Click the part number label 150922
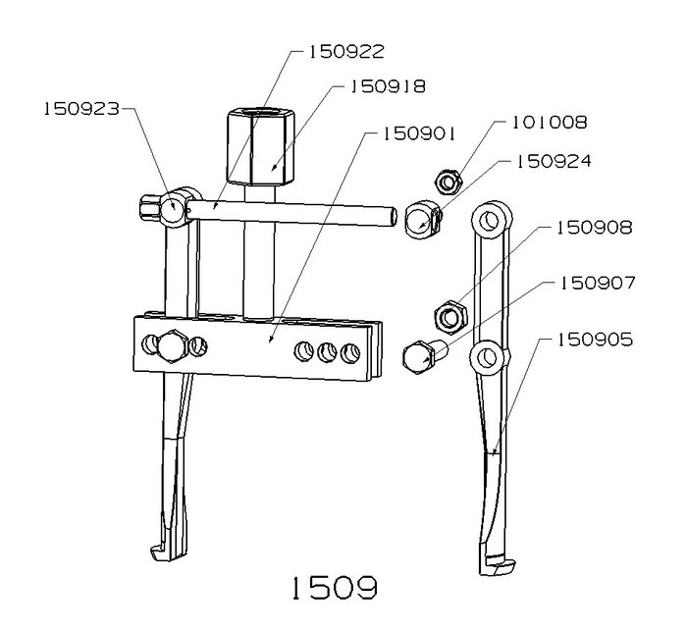pyautogui.click(x=346, y=52)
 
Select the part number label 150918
pyautogui.click(x=388, y=86)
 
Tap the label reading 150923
pyautogui.click(x=81, y=109)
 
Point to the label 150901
pyautogui.click(x=419, y=133)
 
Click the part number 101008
pyautogui.click(x=550, y=123)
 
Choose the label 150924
pyautogui.click(x=554, y=161)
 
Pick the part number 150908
pyautogui.click(x=595, y=228)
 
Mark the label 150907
pyautogui.click(x=597, y=283)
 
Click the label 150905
pyautogui.click(x=595, y=340)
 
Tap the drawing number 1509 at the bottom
pyautogui.click(x=335, y=587)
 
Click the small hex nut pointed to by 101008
pyautogui.click(x=448, y=182)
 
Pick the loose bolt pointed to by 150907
pyautogui.click(x=423, y=356)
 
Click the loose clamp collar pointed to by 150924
pyautogui.click(x=423, y=219)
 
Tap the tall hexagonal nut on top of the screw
pyautogui.click(x=261, y=146)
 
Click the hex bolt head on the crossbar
pyautogui.click(x=173, y=346)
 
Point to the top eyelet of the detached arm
pyautogui.click(x=492, y=219)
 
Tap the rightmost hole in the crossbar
pyautogui.click(x=350, y=352)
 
